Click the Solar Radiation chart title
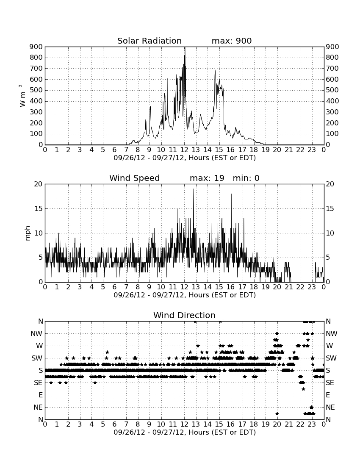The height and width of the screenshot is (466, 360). tap(150, 41)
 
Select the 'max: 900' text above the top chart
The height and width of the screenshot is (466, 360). tap(232, 41)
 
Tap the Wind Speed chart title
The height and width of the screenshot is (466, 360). tap(135, 178)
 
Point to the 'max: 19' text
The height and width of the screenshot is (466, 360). tap(207, 178)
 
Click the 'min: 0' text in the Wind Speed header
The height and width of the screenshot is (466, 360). tap(246, 178)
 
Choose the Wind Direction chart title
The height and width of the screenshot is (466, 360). tap(185, 315)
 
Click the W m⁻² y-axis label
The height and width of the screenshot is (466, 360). tap(22, 96)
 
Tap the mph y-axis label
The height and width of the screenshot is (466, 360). tap(28, 233)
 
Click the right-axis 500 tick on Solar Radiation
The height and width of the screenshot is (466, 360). tap(332, 90)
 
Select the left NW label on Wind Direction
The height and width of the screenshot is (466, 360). tap(36, 333)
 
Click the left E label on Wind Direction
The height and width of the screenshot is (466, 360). tap(41, 395)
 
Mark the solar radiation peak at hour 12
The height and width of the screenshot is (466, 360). tap(185, 47)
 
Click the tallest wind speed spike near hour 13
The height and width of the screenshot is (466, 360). tap(194, 189)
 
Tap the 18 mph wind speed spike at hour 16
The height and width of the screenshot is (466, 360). tap(231, 194)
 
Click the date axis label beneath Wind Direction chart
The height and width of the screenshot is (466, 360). tap(185, 432)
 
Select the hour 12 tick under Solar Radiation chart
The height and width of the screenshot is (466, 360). tap(185, 150)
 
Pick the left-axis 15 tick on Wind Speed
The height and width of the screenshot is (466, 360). tap(39, 208)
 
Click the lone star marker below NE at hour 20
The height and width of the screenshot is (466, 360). tap(277, 413)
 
